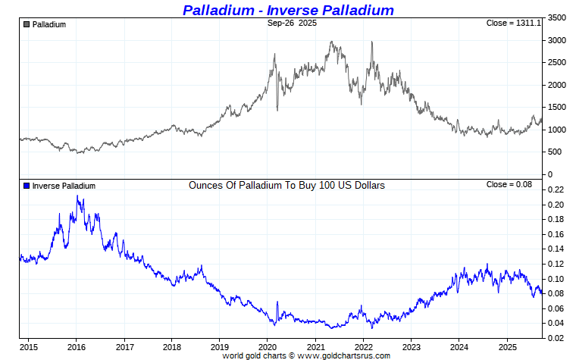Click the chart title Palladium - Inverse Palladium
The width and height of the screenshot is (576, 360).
coord(288,10)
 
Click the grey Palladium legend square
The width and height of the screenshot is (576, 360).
coord(27,24)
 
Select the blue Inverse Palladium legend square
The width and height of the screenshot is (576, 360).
coord(27,186)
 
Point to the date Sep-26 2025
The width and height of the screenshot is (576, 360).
coord(292,23)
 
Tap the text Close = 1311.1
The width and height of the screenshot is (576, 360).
coord(513,23)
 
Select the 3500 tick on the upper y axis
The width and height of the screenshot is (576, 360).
coord(556,17)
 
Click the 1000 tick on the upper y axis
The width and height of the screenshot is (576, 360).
coord(556,130)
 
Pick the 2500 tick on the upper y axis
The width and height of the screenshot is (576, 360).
coord(556,62)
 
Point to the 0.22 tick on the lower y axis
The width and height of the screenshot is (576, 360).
coord(555,190)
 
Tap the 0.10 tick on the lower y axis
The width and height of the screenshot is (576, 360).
coord(555,279)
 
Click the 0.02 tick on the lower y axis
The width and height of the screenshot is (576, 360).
coord(555,338)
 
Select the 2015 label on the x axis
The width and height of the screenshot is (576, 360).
coord(29,347)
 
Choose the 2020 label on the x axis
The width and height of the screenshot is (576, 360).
coord(268,347)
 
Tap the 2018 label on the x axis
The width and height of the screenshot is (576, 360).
coord(172,347)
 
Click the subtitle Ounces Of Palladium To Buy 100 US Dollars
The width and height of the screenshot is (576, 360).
coord(286,185)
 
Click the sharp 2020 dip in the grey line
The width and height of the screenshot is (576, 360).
coord(277,110)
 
